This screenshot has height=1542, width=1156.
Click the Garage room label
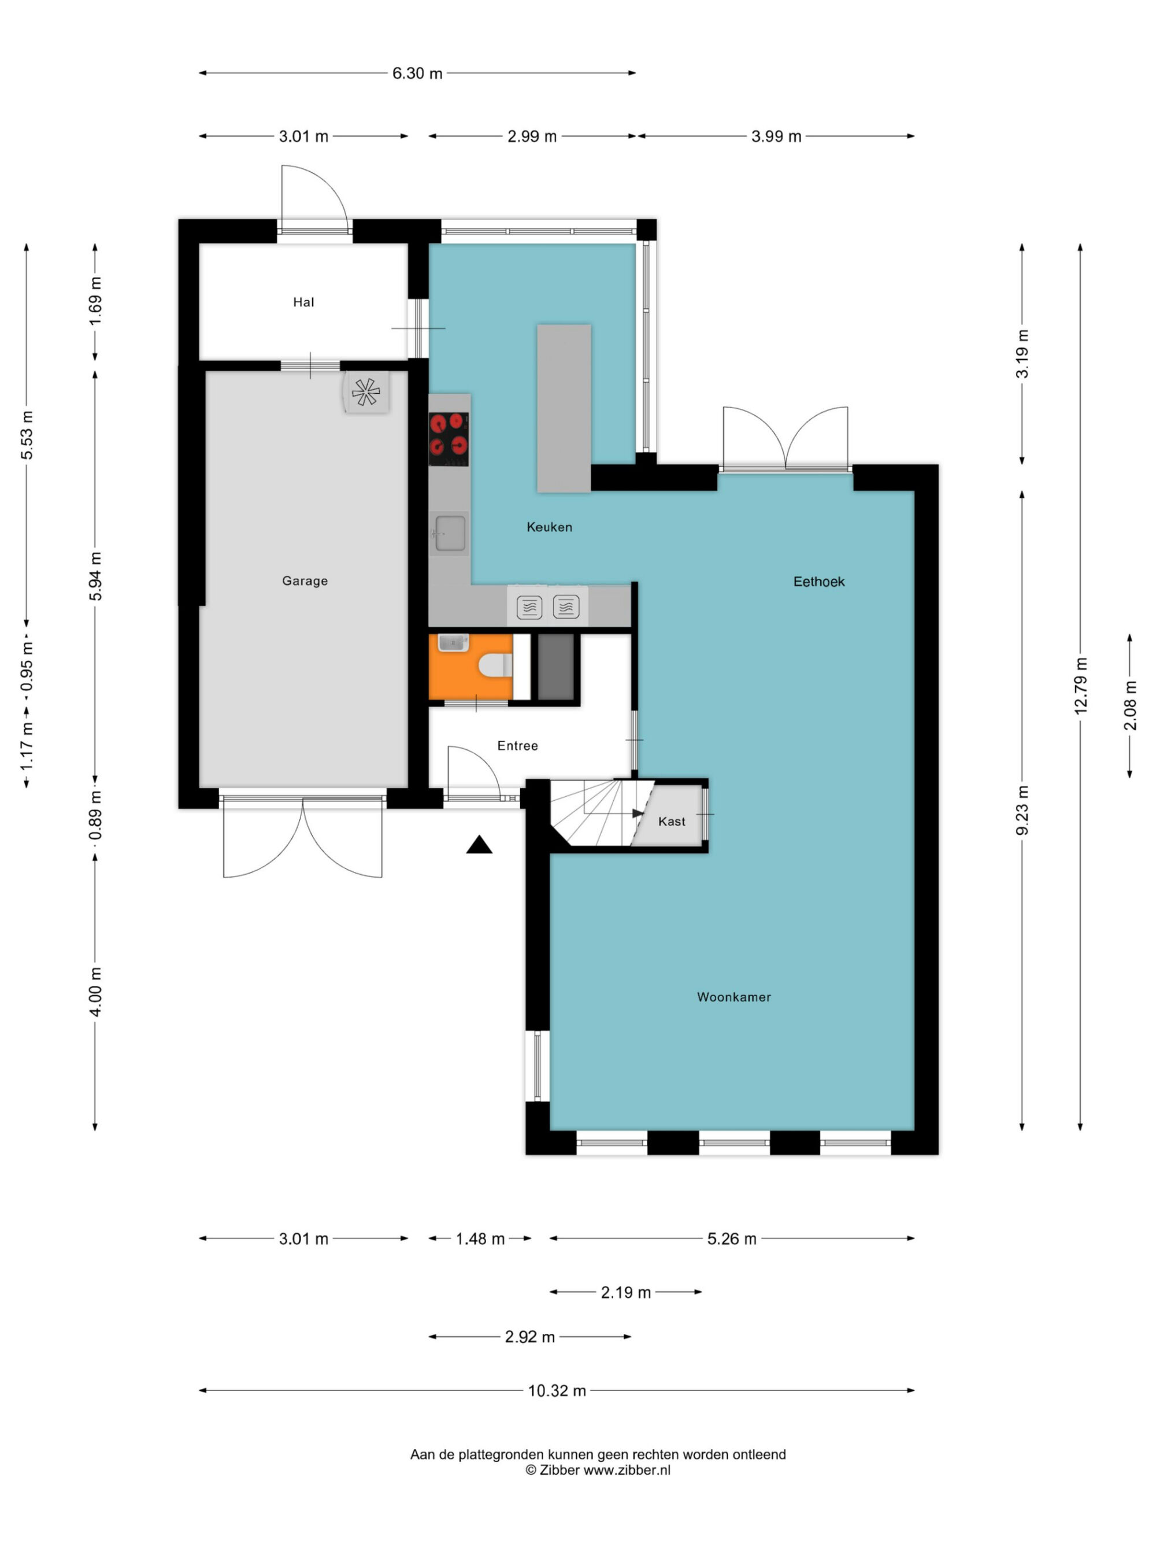[305, 580]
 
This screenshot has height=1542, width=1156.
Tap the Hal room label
[303, 302]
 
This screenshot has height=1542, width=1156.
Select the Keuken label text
[549, 527]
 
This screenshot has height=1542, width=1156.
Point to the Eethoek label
[819, 582]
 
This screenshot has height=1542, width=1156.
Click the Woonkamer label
[733, 997]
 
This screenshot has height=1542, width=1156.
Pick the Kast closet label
[672, 821]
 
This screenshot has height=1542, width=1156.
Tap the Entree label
[517, 745]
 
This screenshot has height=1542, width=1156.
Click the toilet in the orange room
[495, 665]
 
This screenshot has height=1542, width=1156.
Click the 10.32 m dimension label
[557, 1390]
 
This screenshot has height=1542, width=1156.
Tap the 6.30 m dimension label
[417, 73]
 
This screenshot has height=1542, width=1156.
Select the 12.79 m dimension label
[1080, 685]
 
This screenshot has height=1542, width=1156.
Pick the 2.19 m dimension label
[626, 1292]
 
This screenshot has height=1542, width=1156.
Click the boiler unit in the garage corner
[365, 392]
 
